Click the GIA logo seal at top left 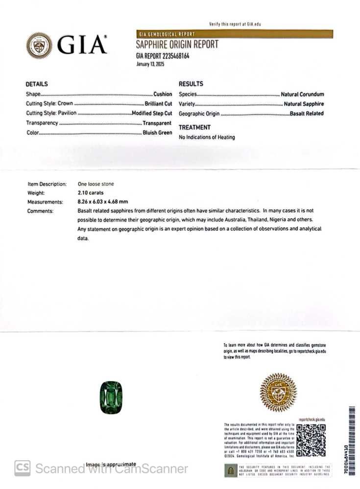tap(39, 46)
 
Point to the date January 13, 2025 tap(150, 64)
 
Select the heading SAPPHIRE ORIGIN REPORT tap(177, 45)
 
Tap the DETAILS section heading tap(37, 84)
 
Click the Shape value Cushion tap(163, 94)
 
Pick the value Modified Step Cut tap(152, 113)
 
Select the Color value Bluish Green tap(157, 133)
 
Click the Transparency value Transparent tap(157, 123)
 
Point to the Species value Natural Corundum tap(302, 94)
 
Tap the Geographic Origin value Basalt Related tap(307, 114)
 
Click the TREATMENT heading tap(194, 127)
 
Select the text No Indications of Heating tap(207, 137)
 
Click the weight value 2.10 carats tap(91, 193)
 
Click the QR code tap(311, 440)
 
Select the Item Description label tap(47, 184)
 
